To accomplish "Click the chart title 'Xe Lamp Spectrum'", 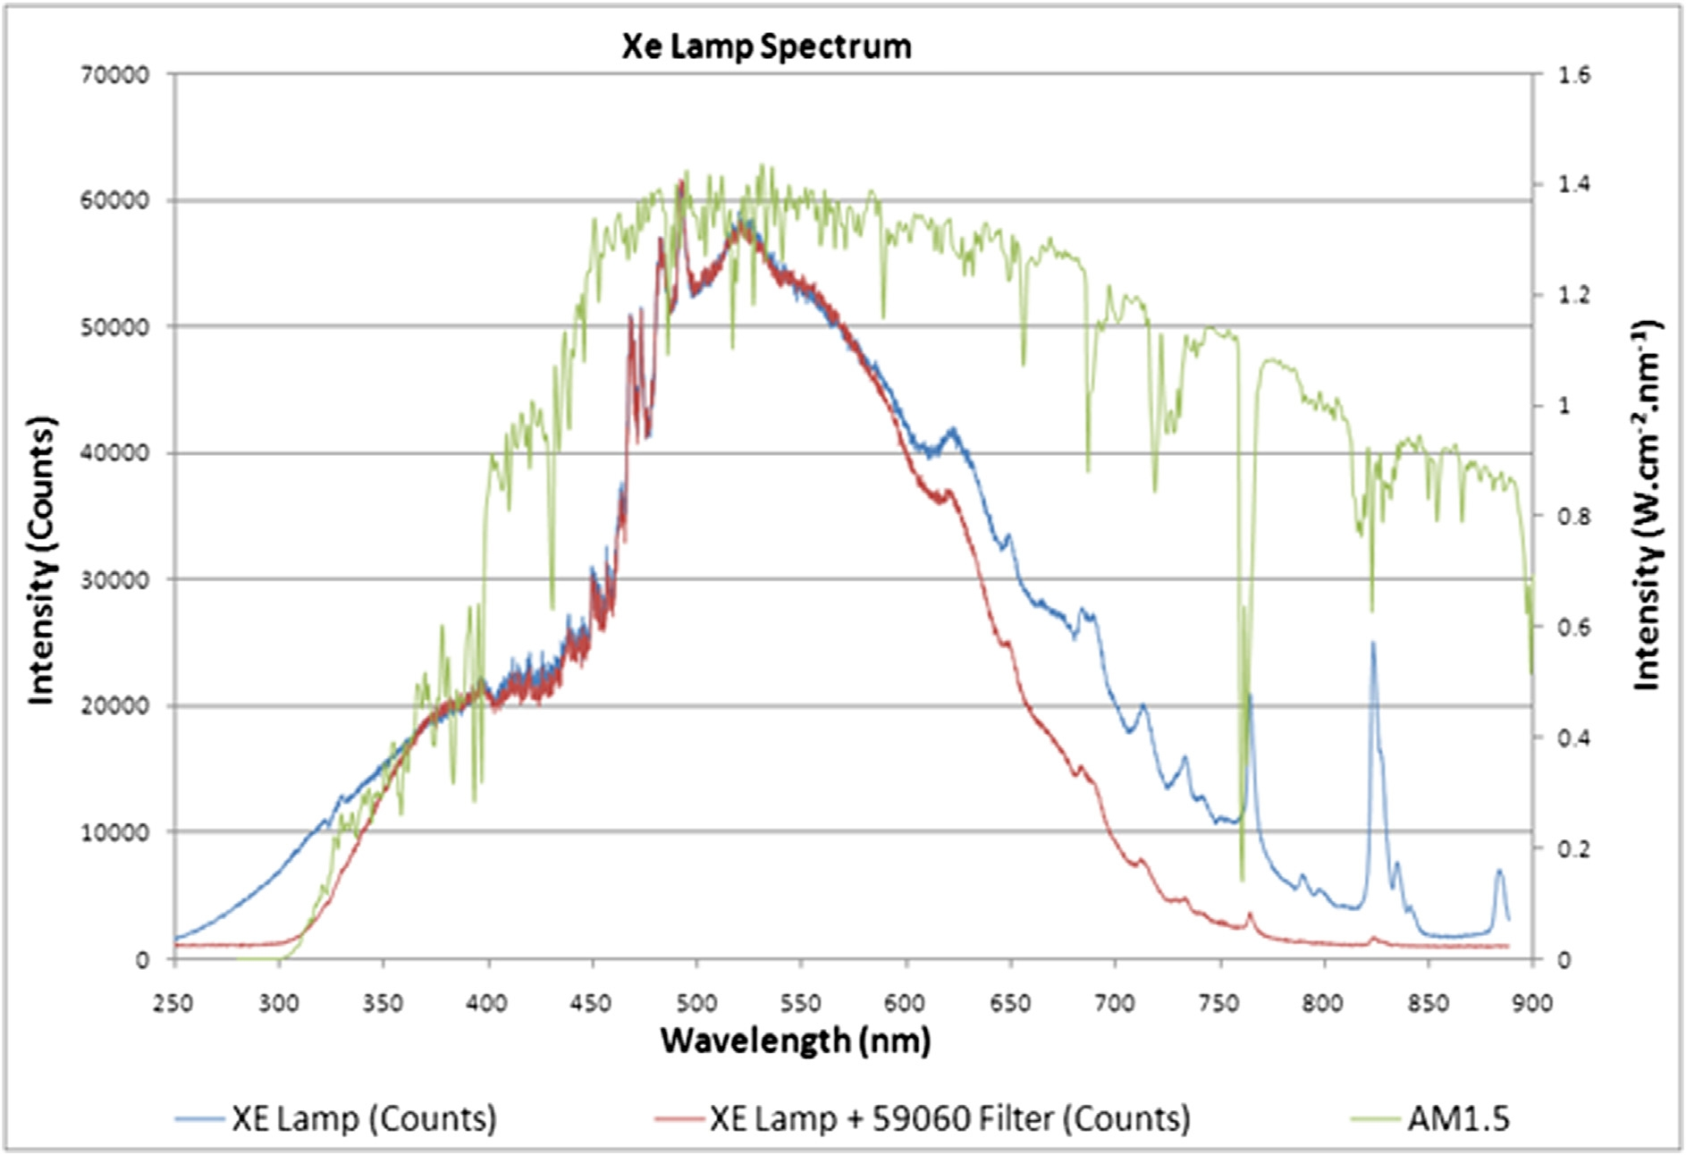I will [766, 46].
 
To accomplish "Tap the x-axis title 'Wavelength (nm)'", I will [795, 1041].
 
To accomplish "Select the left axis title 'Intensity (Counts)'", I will [42, 560].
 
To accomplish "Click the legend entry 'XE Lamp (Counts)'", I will [363, 1119].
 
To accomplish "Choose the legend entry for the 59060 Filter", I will [949, 1119].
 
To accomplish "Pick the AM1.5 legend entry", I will [1457, 1119].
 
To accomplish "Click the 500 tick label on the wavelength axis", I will [695, 1004].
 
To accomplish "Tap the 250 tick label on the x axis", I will [173, 1004].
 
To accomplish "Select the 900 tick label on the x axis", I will [1532, 1004].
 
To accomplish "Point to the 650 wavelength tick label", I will [1009, 1004].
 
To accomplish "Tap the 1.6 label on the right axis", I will [1575, 75].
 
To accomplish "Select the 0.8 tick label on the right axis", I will [1575, 517].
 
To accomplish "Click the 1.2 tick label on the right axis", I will [1575, 296].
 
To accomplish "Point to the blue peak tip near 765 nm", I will [1250, 696].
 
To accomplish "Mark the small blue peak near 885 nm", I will [1499, 870].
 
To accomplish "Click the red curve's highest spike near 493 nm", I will [682, 182].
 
